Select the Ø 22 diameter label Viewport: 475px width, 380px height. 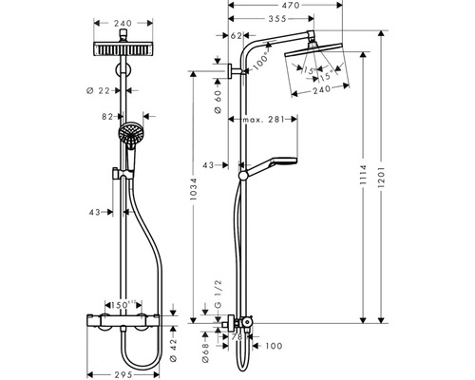click(x=108, y=90)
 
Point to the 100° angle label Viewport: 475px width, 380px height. click(x=264, y=61)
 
